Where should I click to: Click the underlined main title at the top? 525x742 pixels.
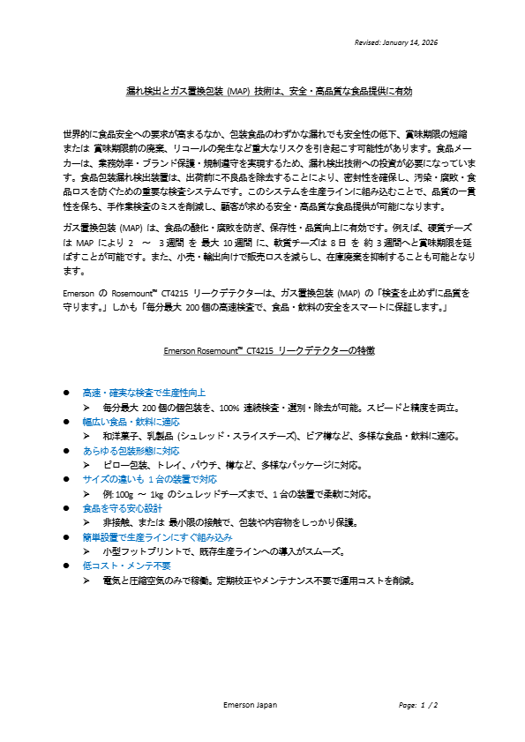click(269, 91)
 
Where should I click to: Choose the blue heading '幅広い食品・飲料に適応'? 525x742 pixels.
click(130, 422)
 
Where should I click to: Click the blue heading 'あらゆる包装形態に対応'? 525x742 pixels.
click(130, 451)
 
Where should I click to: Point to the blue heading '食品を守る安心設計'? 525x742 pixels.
click(122, 508)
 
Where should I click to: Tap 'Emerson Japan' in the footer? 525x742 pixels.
click(250, 706)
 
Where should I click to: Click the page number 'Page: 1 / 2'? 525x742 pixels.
click(418, 706)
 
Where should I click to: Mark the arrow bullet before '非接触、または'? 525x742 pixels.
click(87, 523)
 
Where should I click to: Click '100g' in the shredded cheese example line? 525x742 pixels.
click(125, 494)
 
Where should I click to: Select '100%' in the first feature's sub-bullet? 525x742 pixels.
click(229, 408)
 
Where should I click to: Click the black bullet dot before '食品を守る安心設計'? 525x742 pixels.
click(65, 509)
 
